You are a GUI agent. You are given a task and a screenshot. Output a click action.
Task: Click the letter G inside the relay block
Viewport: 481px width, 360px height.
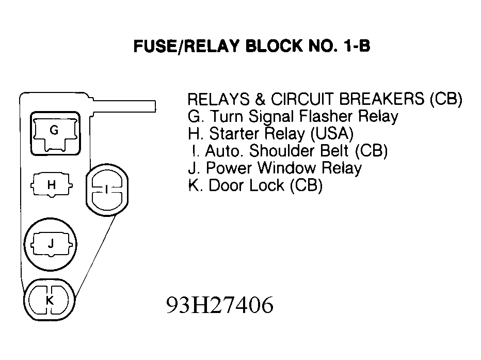[54, 131]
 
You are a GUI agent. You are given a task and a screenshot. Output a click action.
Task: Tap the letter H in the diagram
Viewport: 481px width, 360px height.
[52, 185]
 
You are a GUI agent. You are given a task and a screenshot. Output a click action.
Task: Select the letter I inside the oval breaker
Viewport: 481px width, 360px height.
[106, 190]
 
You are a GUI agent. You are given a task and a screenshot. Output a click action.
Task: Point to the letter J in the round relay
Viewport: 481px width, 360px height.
[51, 243]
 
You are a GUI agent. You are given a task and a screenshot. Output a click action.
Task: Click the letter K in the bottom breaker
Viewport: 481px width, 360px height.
[50, 300]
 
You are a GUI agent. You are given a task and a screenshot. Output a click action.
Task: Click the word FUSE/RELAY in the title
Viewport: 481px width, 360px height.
[186, 46]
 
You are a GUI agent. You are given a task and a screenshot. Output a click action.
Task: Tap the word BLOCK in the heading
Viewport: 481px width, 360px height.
[274, 46]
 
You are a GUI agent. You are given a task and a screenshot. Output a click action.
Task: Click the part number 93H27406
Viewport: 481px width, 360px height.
[220, 305]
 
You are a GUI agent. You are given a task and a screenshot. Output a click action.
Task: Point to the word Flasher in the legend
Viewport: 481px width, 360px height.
[326, 116]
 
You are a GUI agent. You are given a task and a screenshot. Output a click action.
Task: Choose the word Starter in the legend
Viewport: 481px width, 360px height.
[235, 133]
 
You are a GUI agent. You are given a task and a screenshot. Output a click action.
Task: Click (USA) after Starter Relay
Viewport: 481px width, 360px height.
[332, 134]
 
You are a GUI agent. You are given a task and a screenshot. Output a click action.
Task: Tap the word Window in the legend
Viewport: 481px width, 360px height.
[286, 168]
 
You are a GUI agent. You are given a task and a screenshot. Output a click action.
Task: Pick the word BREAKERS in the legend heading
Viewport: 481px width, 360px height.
[382, 99]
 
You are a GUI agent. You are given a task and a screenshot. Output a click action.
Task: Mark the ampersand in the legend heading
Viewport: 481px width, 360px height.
[260, 99]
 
